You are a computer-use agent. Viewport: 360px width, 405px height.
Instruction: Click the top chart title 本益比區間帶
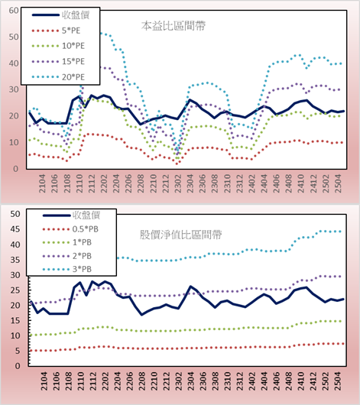pos(174,26)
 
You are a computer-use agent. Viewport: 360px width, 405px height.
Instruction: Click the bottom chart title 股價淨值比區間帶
pos(180,235)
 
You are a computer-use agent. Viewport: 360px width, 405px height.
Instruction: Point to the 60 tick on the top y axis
pos(14,11)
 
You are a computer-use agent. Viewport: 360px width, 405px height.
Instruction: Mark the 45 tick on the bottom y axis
pos(15,229)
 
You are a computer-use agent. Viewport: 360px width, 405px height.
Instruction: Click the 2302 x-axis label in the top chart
pos(178,183)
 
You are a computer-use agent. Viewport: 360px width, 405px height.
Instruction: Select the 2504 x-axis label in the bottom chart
pos(338,381)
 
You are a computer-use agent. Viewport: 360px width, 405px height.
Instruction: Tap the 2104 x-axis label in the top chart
pos(42,183)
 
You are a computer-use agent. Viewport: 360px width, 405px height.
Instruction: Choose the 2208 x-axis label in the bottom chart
pos(141,381)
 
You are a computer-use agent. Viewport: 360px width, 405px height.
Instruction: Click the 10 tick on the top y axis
pos(14,142)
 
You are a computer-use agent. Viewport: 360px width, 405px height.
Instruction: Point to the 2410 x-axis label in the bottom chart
pos(301,381)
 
